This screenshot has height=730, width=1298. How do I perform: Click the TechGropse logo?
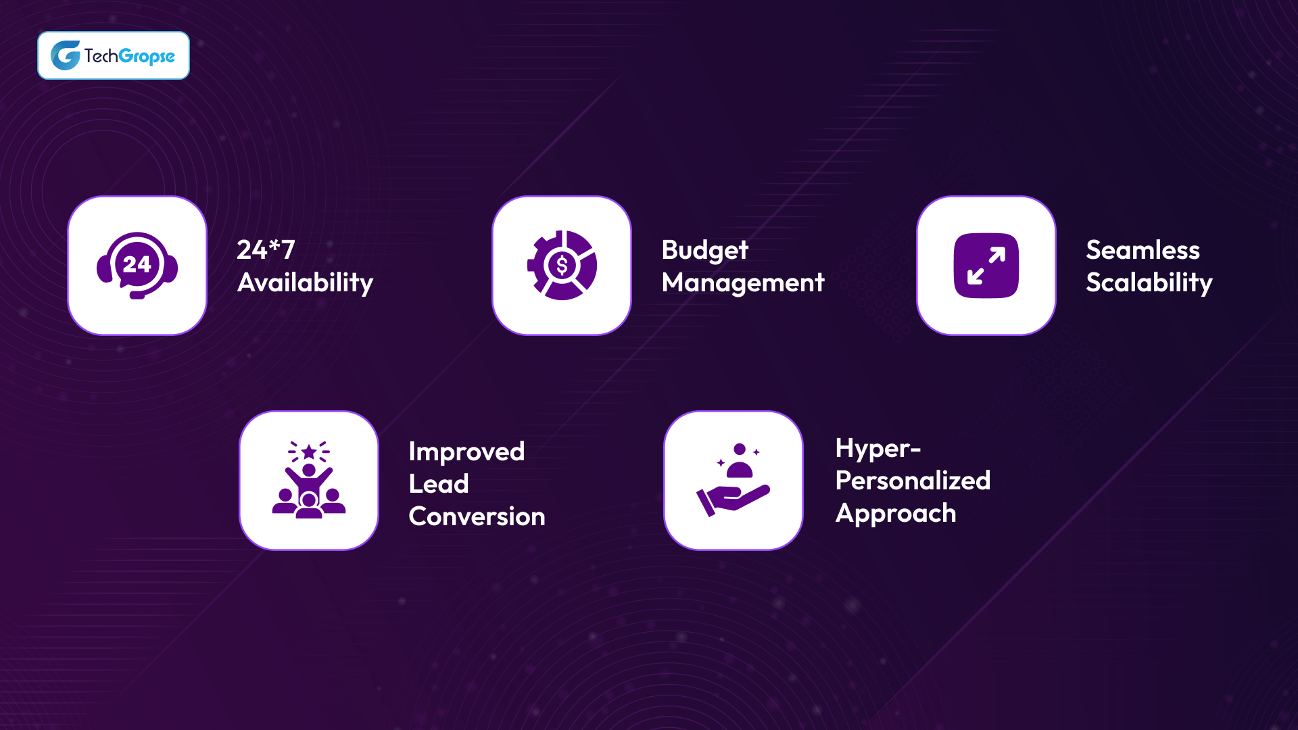pos(114,55)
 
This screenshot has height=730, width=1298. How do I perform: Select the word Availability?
pos(305,283)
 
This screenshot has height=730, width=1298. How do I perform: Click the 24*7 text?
pos(266,249)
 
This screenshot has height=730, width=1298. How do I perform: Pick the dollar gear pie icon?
pos(562,266)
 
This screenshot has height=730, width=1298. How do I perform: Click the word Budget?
pos(704,251)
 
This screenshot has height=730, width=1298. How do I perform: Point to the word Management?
pos(742,283)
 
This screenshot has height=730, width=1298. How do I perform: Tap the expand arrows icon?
pos(986,266)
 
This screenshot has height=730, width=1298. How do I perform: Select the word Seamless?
pos(1143,250)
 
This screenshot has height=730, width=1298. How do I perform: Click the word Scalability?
pos(1149,283)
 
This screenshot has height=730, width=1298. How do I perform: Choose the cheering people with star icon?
pos(309,481)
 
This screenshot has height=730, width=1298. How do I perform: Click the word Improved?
pos(466,452)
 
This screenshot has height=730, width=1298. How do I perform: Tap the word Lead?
pos(438,484)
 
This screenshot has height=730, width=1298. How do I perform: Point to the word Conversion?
pos(477,516)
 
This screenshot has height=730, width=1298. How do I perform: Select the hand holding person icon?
pos(734,481)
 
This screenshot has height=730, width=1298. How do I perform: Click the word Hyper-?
pos(878,449)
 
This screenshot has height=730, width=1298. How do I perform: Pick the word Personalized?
pos(913,481)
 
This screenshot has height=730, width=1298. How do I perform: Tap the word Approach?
pos(896,514)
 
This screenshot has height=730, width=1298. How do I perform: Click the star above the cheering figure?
pos(309,452)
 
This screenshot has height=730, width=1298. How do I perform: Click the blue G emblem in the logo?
pos(66,55)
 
